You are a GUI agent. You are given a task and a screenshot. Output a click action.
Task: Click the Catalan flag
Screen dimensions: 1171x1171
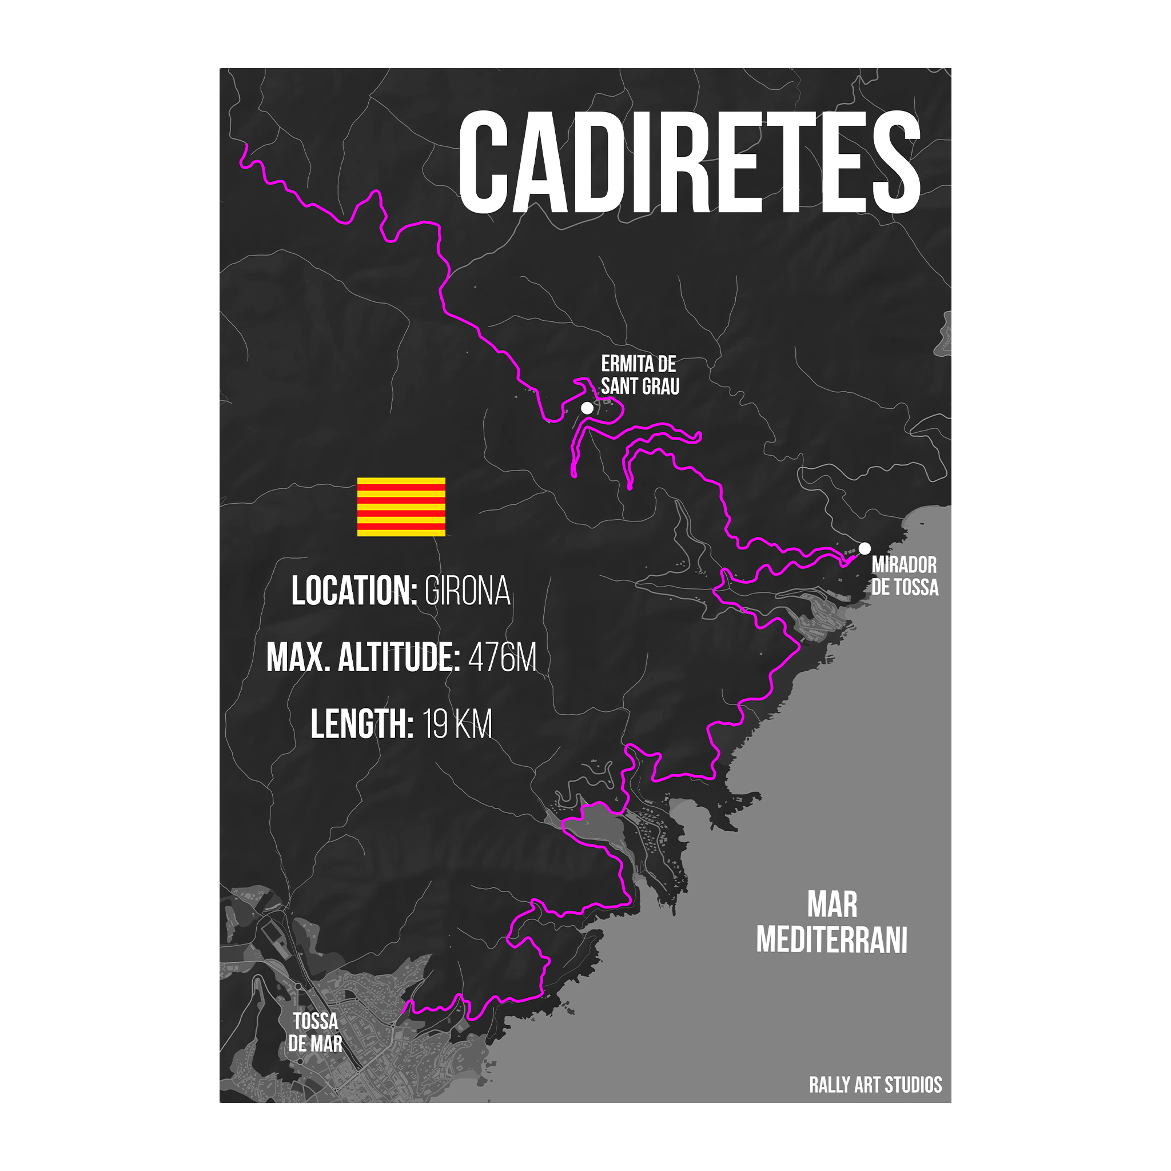point(401,507)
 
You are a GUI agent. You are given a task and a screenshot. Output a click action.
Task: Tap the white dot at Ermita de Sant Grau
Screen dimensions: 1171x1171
point(587,408)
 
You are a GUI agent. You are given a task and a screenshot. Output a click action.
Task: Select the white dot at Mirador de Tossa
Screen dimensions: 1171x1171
point(865,548)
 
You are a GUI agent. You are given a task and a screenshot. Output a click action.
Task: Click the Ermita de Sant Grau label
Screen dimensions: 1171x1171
point(640,375)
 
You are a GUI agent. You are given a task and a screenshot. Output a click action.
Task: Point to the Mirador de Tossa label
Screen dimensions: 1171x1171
point(905,576)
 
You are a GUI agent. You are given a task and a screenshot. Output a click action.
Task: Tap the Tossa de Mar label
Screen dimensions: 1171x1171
point(315,1032)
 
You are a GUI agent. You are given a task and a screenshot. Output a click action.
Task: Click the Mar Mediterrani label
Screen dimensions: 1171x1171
point(831,922)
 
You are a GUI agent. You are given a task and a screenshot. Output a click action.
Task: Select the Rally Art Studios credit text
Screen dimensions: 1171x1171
point(875,1084)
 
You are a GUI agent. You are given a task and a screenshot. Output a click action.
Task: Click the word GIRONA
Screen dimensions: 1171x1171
point(467,591)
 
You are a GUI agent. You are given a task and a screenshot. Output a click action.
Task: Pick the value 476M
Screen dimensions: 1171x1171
point(503,657)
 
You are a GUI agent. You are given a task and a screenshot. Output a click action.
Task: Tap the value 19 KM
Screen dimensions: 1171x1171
point(457,724)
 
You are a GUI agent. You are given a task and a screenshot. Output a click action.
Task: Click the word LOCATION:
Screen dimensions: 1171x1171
point(354,591)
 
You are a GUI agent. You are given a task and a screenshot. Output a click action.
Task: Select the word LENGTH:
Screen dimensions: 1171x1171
point(362,724)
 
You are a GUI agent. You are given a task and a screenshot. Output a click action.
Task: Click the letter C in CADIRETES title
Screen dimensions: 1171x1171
point(484,162)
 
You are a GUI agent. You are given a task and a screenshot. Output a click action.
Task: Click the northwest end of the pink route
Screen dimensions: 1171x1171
point(246,145)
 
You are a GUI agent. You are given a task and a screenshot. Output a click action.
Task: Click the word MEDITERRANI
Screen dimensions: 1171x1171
point(831,940)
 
